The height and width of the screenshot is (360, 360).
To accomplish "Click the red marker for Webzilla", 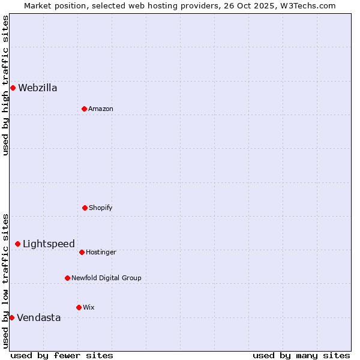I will pyautogui.click(x=13, y=88).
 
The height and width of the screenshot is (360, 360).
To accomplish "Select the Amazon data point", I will pyautogui.click(x=84, y=109).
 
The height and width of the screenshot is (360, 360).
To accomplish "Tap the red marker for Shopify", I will pyautogui.click(x=85, y=208).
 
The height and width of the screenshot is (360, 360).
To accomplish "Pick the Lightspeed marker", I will pyautogui.click(x=17, y=244).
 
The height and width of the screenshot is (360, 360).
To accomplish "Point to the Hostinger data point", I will pyautogui.click(x=82, y=252).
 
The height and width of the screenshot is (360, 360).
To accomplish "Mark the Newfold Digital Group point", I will pyautogui.click(x=67, y=278).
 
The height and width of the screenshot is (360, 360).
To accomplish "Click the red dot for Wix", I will pyautogui.click(x=79, y=307).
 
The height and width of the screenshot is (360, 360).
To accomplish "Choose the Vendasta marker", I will pyautogui.click(x=11, y=317).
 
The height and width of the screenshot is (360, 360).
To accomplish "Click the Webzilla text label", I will pyautogui.click(x=38, y=88).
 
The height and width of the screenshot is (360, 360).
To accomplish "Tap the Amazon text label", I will pyautogui.click(x=101, y=109).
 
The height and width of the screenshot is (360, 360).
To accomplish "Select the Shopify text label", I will pyautogui.click(x=101, y=208).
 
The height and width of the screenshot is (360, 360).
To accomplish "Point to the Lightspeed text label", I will pyautogui.click(x=49, y=244).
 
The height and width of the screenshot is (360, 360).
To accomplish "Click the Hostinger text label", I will pyautogui.click(x=101, y=252).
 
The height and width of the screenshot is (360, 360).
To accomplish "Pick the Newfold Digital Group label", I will pyautogui.click(x=106, y=278).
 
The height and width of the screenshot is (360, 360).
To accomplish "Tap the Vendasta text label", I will pyautogui.click(x=39, y=318).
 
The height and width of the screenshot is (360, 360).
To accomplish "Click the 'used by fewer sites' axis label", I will pyautogui.click(x=62, y=355).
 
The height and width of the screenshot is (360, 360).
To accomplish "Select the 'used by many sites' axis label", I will pyautogui.click(x=301, y=355).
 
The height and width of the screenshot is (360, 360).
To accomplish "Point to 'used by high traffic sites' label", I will pyautogui.click(x=5, y=85).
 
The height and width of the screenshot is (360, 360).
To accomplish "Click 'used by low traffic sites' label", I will pyautogui.click(x=5, y=281).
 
